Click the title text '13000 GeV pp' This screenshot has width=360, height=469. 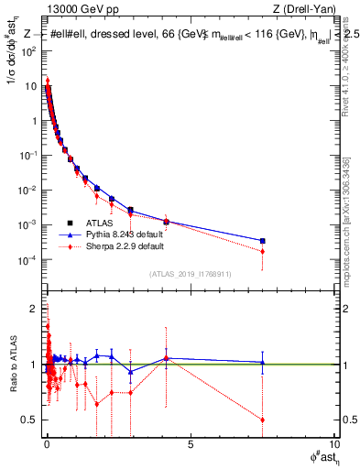77,10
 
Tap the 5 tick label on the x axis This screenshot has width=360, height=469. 190,446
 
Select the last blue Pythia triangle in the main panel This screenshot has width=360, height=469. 263,241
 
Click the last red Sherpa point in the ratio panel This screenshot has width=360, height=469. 263,420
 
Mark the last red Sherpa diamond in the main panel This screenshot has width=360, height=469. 263,251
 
